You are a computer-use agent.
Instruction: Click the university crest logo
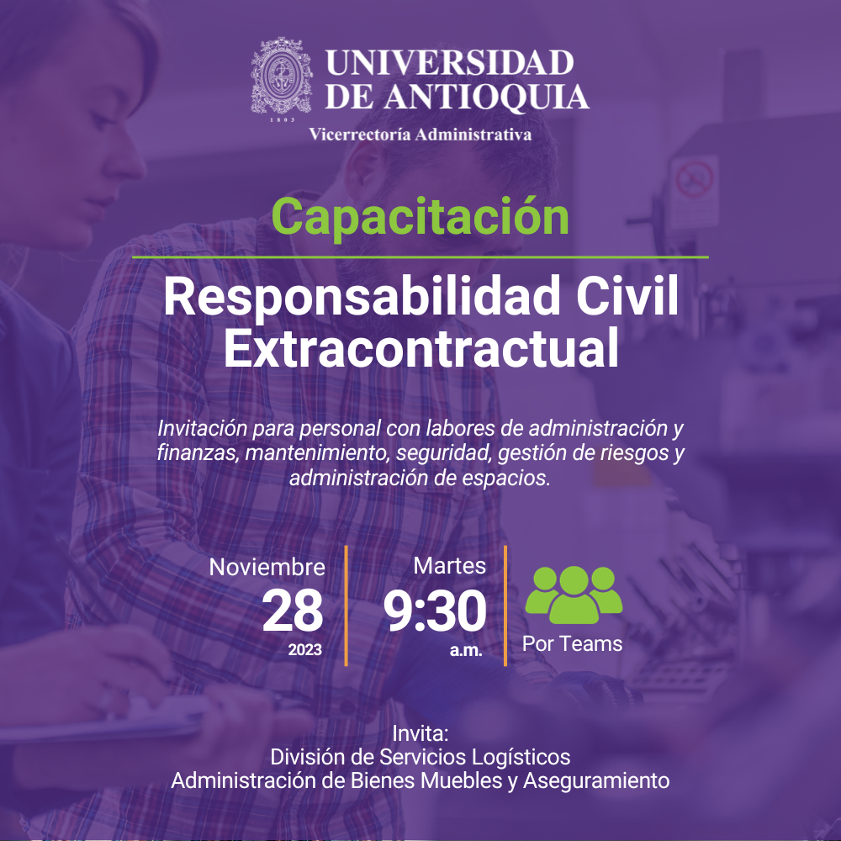pos(282,77)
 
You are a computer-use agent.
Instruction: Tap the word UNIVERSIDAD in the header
pos(449,63)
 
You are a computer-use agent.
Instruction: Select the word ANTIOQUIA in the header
pos(487,97)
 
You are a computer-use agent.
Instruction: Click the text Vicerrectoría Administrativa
pos(420,134)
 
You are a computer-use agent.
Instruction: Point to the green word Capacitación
pos(420,216)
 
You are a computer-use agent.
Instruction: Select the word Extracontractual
pos(421,349)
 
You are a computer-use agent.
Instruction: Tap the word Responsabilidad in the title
pos(362,298)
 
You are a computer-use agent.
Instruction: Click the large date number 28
pos(293,611)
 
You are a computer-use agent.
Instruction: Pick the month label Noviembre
pos(267,567)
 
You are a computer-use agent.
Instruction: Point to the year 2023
pos(304,650)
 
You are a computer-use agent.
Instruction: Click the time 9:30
pos(435,611)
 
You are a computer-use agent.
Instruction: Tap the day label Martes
pos(449,566)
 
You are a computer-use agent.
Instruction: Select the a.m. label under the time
pos(466,651)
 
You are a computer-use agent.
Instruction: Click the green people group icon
pos(574,595)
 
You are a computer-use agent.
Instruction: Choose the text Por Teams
pos(572,643)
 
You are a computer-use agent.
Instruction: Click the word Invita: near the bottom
pos(420,733)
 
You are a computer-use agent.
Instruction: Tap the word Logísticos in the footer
pos(521,758)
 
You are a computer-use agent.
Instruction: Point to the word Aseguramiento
pos(596,780)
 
